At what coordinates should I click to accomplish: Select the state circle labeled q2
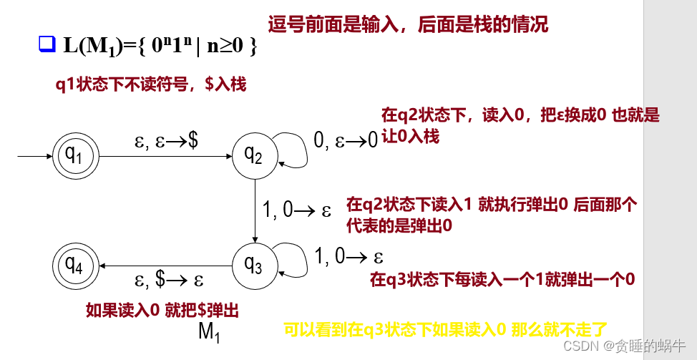(x=253, y=154)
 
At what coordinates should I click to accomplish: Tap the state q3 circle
(x=253, y=266)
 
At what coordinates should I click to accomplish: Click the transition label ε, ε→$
(x=167, y=141)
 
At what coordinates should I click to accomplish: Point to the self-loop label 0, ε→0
(x=346, y=140)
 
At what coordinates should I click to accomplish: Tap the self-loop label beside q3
(x=349, y=255)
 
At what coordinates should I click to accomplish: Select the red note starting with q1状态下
(x=151, y=84)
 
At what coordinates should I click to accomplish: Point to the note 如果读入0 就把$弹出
(x=162, y=310)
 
